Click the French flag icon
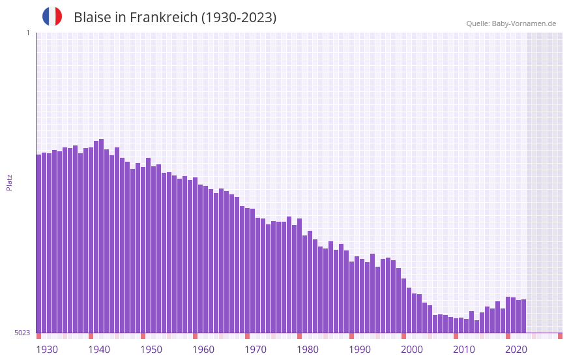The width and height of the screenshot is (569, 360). tap(52, 16)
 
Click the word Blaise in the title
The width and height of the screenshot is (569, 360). tap(92, 18)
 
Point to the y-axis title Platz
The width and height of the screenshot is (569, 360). tap(9, 182)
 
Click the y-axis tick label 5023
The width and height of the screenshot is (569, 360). tap(23, 333)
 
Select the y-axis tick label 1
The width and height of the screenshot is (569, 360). tap(27, 33)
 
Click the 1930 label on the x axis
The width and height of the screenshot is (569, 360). tap(47, 350)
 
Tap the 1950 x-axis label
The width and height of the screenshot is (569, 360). tap(151, 350)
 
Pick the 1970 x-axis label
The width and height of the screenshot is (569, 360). tap(255, 350)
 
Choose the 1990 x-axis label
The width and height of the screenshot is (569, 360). tap(360, 350)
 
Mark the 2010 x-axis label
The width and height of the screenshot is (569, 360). tap(464, 350)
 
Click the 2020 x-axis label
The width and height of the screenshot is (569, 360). tap(516, 350)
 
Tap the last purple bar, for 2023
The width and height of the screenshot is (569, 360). tap(523, 316)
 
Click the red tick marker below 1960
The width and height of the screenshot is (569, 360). tap(195, 336)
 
